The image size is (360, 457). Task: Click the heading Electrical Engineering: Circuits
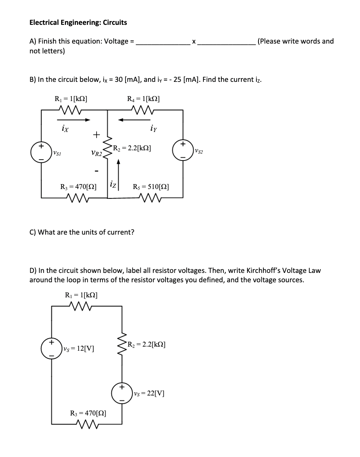tap(78, 22)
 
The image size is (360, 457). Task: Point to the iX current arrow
tap(73, 120)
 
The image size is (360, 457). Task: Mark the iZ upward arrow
tap(119, 171)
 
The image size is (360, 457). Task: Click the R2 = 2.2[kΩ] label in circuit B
tap(132, 148)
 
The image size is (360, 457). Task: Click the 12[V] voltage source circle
tap(51, 349)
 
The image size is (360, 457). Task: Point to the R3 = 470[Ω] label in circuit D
tap(89, 413)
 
